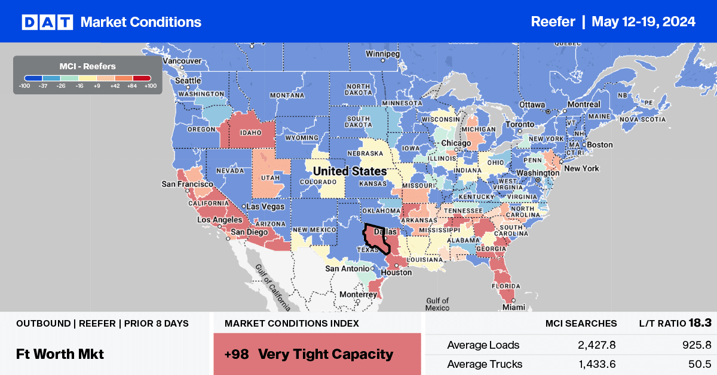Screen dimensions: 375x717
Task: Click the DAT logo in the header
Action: (47, 22)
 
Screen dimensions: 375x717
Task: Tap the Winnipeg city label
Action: (383, 53)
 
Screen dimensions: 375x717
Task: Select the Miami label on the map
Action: (513, 307)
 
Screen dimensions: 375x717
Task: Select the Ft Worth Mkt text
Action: (60, 354)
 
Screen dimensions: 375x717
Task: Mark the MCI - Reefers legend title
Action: (88, 66)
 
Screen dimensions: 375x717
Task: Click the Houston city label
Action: (397, 272)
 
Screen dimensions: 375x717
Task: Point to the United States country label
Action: (350, 171)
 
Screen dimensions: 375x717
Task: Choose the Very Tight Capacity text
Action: (326, 354)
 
